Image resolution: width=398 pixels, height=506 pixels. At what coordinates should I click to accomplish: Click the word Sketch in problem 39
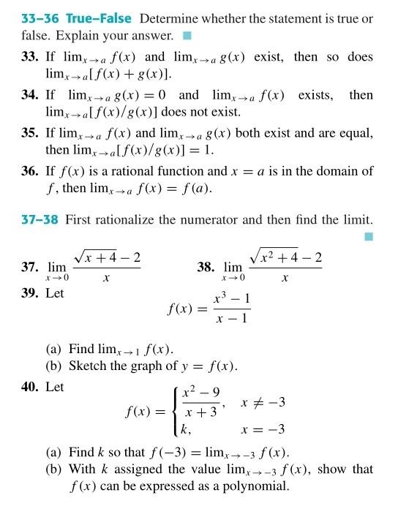(x=88, y=366)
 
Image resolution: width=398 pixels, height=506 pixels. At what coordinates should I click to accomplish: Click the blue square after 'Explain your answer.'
(x=187, y=35)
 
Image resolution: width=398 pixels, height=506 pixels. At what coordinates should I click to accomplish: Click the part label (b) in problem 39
(x=55, y=366)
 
